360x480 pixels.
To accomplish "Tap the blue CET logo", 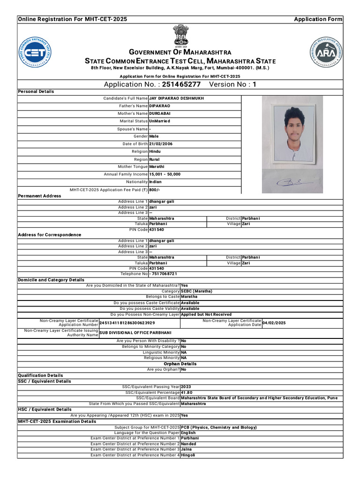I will (35, 51).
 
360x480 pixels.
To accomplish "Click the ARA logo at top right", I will (327, 51).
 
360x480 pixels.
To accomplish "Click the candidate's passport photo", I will (292, 130).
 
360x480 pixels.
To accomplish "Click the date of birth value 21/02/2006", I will (161, 144).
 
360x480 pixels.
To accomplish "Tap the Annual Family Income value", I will (165, 174).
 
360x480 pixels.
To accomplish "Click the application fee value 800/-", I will (154, 190).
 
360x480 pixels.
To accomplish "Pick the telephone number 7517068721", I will (164, 274).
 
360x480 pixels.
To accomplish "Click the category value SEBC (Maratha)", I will (196, 291).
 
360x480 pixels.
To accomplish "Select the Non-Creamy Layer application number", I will (127, 323).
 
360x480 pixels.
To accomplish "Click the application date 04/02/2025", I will (274, 323).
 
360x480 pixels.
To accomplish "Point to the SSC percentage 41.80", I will (187, 392).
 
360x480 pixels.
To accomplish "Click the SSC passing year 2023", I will (186, 387).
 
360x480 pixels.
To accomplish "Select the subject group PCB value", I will (218, 427).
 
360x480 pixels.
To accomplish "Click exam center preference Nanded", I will (188, 443).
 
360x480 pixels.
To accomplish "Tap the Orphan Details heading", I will (180, 364).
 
